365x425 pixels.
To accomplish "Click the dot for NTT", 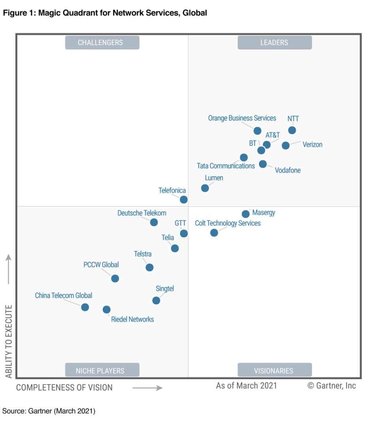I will click(x=292, y=130).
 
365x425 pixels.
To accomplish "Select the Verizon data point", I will click(x=286, y=145).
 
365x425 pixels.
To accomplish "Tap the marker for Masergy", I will click(x=245, y=214).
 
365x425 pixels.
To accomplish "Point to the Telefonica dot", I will click(x=184, y=200).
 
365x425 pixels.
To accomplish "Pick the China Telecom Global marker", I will click(x=85, y=307).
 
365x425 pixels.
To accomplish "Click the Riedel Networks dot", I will click(x=107, y=310).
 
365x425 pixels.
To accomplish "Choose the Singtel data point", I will click(x=156, y=300).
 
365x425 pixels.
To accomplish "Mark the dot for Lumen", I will click(x=205, y=188).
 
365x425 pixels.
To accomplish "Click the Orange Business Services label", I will click(x=242, y=118).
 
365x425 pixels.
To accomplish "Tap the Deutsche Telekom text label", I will click(x=142, y=213).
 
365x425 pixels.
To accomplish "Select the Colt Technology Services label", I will click(x=228, y=223).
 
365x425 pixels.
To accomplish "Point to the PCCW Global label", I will click(x=101, y=265).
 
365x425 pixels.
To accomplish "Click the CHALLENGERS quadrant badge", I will click(x=102, y=43).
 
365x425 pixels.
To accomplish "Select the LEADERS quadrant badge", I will click(x=274, y=43).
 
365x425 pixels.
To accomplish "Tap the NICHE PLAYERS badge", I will click(x=102, y=371).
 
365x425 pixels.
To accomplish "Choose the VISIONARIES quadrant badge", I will click(x=274, y=371).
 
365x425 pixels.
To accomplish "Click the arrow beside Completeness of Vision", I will click(x=147, y=388).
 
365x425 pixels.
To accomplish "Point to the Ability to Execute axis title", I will click(x=9, y=341).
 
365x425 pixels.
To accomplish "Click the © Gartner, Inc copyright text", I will click(x=331, y=386).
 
